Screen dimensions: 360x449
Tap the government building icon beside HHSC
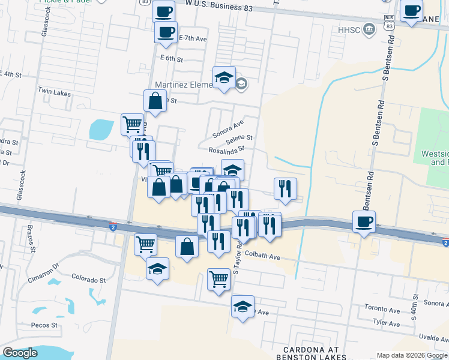(369, 28)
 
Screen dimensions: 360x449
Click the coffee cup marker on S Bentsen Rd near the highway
(364, 221)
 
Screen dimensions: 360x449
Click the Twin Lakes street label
(54, 89)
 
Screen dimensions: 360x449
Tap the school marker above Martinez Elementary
(224, 77)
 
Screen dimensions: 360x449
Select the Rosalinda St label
(226, 149)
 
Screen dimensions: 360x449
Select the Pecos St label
(46, 325)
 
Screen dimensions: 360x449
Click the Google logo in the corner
(20, 352)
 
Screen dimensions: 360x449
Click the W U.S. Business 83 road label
(218, 7)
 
